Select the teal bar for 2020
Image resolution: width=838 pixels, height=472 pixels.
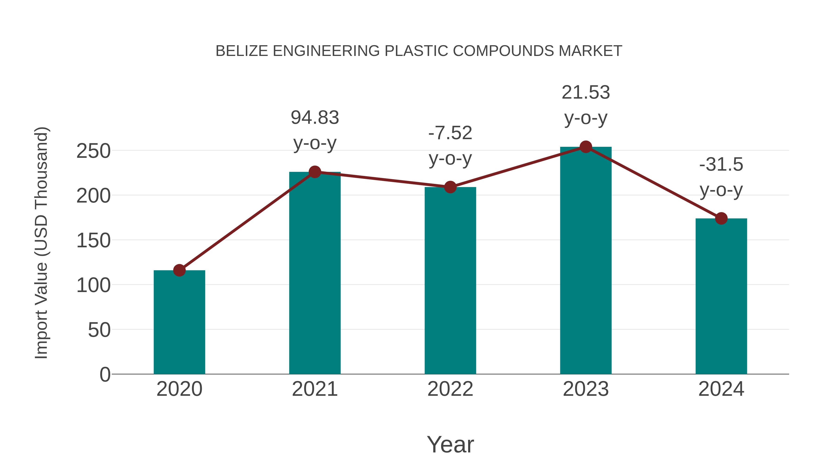pos(179,323)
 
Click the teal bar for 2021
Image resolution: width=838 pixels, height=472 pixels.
pos(314,274)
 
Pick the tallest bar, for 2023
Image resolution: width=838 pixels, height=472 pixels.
pos(586,261)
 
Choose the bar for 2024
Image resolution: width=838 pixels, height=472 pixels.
pos(721,296)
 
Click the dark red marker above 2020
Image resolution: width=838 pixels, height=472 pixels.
pos(179,270)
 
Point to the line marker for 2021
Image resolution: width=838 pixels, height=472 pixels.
pos(314,172)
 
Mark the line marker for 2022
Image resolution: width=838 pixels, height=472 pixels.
pos(450,187)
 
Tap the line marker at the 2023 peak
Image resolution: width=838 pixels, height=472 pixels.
pos(586,147)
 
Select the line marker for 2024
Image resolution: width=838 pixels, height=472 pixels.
pos(721,218)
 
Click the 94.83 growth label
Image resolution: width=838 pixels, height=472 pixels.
pos(314,118)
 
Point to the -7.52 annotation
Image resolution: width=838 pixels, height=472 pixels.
pos(450,133)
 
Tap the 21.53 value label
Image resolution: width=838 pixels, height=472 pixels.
pos(586,93)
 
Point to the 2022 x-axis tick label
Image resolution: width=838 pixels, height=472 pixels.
pos(450,389)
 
